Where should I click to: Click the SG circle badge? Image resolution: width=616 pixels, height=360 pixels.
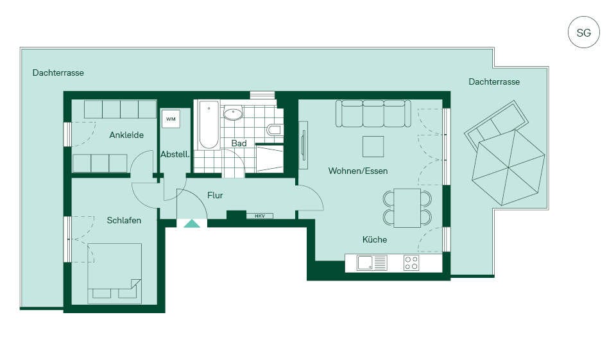click(583, 32)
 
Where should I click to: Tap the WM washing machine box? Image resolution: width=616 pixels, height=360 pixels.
click(171, 119)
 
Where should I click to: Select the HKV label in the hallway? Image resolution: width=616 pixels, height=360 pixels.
click(260, 216)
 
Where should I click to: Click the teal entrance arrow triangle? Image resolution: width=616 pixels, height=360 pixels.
click(192, 223)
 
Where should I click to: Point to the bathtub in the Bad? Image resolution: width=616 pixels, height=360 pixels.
click(209, 125)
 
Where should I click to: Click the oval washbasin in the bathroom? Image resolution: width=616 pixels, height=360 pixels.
click(233, 114)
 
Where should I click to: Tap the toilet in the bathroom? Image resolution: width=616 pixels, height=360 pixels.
click(275, 130)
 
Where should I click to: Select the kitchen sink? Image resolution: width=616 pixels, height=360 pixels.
click(366, 262)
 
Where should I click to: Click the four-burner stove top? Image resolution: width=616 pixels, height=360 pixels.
click(411, 263)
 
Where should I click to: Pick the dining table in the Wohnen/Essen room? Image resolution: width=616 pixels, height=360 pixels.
click(407, 208)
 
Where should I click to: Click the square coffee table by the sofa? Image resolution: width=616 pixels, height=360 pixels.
click(373, 146)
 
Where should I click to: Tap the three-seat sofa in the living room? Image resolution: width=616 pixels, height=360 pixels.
click(373, 113)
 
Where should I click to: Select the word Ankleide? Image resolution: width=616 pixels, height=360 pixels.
click(126, 135)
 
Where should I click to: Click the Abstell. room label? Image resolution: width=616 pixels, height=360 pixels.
click(175, 155)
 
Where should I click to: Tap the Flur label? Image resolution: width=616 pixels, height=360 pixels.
click(215, 195)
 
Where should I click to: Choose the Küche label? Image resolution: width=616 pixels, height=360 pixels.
click(374, 239)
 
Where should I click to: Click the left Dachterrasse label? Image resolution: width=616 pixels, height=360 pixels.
click(58, 73)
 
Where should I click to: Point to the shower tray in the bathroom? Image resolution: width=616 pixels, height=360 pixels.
click(269, 159)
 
